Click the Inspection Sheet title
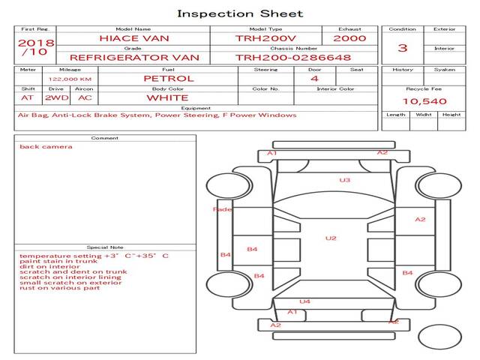tap(240, 13)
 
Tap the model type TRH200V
tap(265, 38)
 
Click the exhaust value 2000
tap(349, 38)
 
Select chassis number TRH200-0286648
tap(292, 57)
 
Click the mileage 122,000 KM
tap(70, 79)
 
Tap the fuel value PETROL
tap(168, 79)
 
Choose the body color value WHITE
tap(167, 97)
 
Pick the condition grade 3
tap(403, 48)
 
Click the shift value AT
tap(28, 97)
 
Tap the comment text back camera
tap(46, 147)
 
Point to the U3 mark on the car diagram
tap(345, 180)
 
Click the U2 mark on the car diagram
tap(331, 238)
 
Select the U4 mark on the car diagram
tap(305, 301)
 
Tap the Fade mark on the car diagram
tap(223, 210)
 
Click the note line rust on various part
tap(59, 288)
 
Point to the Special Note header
tap(105, 247)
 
